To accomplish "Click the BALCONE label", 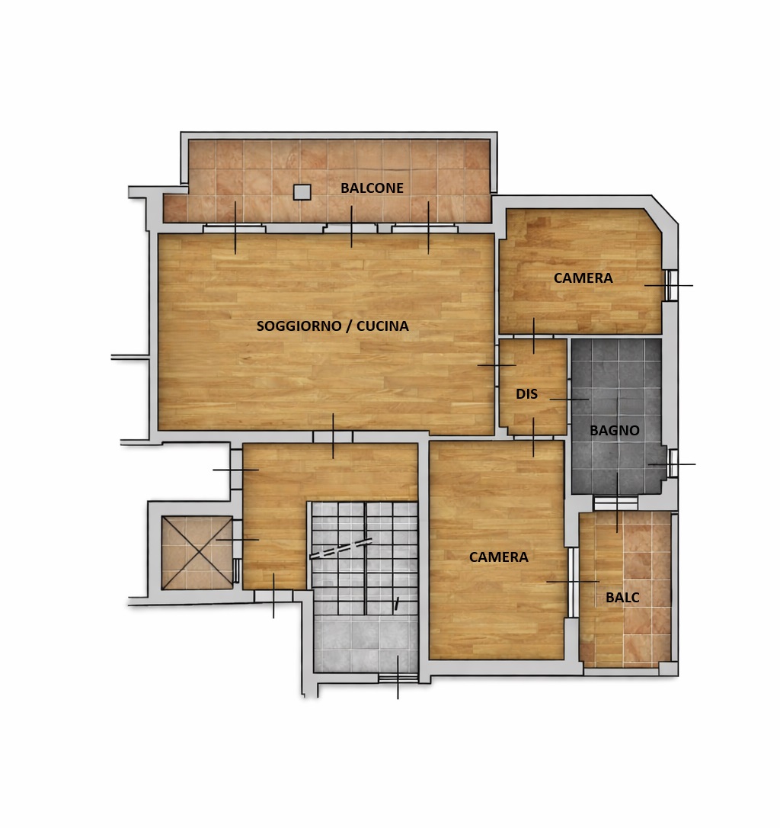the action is [372, 188].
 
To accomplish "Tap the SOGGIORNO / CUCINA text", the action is [332, 326].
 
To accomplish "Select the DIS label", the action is [526, 394].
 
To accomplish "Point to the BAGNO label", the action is [614, 430].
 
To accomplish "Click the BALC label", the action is [622, 598].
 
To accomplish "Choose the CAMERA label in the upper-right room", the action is [583, 278].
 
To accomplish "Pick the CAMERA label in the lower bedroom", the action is [499, 557].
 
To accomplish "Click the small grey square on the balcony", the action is [302, 191].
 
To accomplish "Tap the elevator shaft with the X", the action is [197, 553].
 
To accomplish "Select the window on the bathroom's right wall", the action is [673, 464].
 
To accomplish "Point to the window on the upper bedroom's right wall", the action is [672, 286].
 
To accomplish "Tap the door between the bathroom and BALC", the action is [615, 502].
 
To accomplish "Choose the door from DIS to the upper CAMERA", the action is [533, 336].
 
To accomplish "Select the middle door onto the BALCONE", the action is [351, 228].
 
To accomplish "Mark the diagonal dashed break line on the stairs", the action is [341, 549].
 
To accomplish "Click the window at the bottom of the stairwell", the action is [398, 678].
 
